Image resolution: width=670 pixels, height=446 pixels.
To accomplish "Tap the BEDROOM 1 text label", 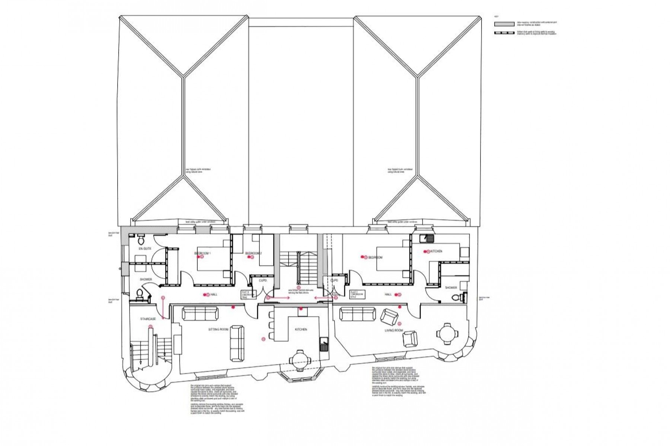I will pyautogui.click(x=202, y=253).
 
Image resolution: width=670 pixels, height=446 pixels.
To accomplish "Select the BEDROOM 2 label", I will pyautogui.click(x=253, y=253).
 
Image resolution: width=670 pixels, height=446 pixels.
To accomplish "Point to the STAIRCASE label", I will pyautogui.click(x=148, y=319).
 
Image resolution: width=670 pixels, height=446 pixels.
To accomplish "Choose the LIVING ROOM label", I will pyautogui.click(x=394, y=330).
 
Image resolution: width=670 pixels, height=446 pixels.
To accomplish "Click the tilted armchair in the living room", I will pyautogui.click(x=389, y=317).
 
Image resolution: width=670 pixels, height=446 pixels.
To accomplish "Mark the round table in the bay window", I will pyautogui.click(x=300, y=359).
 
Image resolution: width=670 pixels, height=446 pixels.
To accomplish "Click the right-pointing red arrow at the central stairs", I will pyautogui.click(x=279, y=298).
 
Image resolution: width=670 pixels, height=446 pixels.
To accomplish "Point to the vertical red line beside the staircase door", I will pyautogui.click(x=163, y=307).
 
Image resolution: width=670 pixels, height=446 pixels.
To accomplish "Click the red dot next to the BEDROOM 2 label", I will pyautogui.click(x=252, y=257).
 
